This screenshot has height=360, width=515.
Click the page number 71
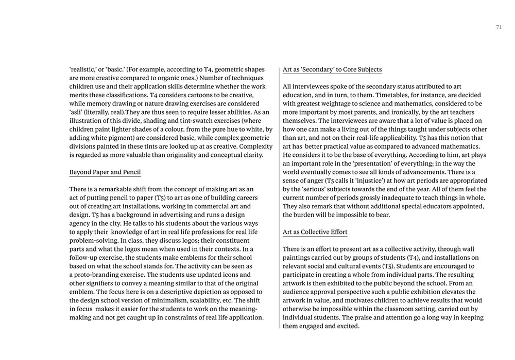point(499,28)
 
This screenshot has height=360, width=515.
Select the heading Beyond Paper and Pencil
point(105,172)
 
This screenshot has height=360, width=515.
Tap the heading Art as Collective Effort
point(315,232)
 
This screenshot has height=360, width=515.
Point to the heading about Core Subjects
point(332,69)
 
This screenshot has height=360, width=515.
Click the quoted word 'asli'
point(78,112)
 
